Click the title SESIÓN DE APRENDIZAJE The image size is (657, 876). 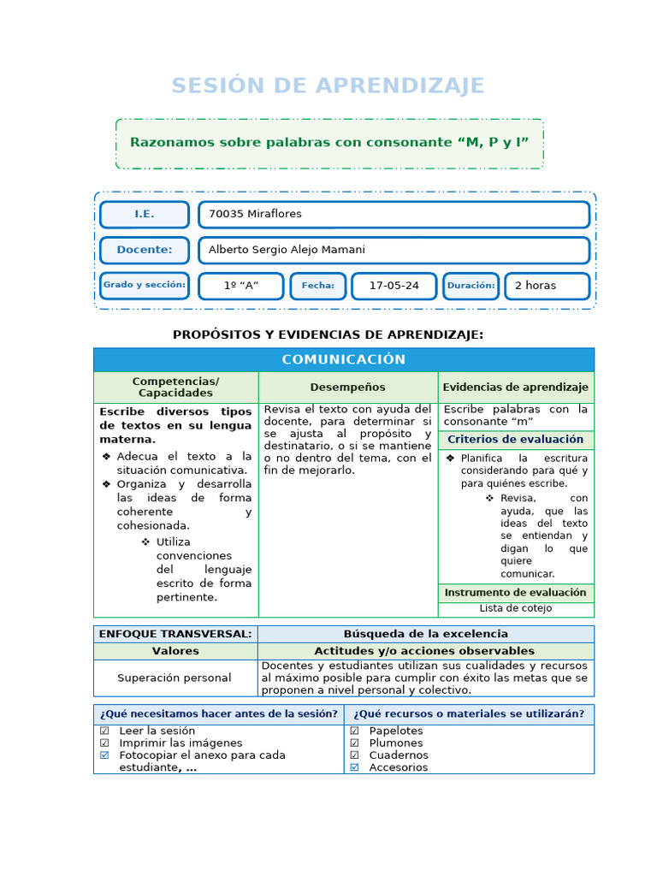pyautogui.click(x=328, y=86)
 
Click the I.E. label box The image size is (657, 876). pyautogui.click(x=144, y=215)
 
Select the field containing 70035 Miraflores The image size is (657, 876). pyautogui.click(x=394, y=215)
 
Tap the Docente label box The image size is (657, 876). pyautogui.click(x=144, y=250)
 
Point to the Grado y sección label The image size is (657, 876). pyautogui.click(x=144, y=285)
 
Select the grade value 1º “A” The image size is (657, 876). pyautogui.click(x=240, y=286)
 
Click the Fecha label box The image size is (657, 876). pyautogui.click(x=317, y=286)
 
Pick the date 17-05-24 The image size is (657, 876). pyautogui.click(x=394, y=286)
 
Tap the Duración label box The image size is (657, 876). pyautogui.click(x=471, y=286)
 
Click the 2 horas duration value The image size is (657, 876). pyautogui.click(x=547, y=286)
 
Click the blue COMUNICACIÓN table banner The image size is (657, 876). pyautogui.click(x=343, y=359)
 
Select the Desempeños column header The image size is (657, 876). pyautogui.click(x=347, y=388)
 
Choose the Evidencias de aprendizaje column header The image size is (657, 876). pyautogui.click(x=515, y=388)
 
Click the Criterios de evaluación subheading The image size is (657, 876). pyautogui.click(x=515, y=440)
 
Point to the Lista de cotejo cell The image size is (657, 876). pyautogui.click(x=515, y=609)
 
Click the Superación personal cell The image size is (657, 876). pyautogui.click(x=175, y=678)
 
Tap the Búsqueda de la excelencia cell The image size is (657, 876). pyautogui.click(x=425, y=634)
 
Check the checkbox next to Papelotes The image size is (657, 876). pyautogui.click(x=354, y=731)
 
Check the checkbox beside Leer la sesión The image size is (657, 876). pyautogui.click(x=104, y=731)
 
